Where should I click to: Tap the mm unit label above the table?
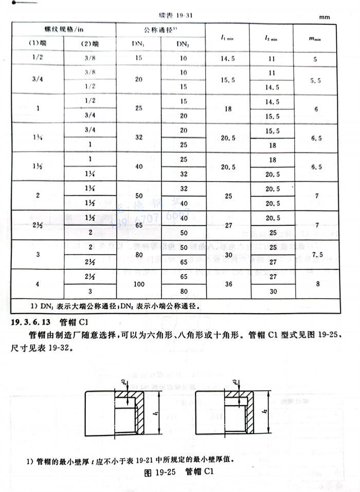tap(324, 17)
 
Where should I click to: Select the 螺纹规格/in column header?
tap(64, 29)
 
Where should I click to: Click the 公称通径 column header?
tap(160, 29)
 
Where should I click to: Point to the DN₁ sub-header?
tap(139, 44)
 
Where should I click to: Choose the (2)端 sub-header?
tap(90, 44)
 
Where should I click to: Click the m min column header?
tap(315, 37)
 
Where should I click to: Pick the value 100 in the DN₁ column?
tap(139, 283)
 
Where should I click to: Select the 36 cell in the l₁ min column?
tap(227, 283)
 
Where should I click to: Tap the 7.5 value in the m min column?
tap(315, 254)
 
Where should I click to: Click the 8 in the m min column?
tap(315, 283)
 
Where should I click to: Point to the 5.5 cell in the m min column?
tap(315, 80)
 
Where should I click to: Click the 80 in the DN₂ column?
tap(183, 291)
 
